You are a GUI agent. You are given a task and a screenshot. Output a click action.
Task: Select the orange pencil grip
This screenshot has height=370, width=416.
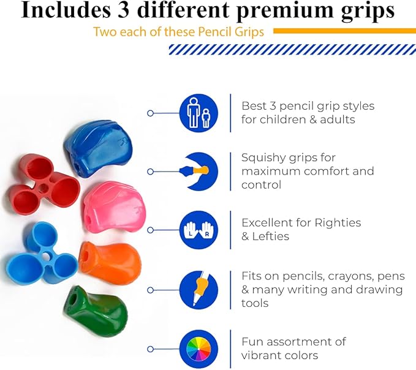(110, 260)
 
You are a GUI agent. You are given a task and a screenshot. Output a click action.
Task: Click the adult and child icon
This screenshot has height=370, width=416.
(199, 113)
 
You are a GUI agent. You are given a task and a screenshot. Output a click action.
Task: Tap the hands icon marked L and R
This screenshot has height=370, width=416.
(199, 230)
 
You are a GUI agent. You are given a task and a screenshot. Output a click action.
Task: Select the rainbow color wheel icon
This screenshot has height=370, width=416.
(199, 348)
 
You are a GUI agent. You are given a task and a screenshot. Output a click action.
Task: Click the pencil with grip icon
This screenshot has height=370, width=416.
(199, 289)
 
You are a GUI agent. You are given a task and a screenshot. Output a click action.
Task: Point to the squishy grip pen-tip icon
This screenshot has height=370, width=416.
(199, 172)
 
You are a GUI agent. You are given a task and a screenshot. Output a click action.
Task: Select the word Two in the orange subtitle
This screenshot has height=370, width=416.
(105, 32)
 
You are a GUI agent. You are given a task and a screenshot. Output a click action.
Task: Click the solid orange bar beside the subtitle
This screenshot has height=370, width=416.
(344, 31)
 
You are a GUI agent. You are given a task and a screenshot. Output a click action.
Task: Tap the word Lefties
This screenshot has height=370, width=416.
(274, 236)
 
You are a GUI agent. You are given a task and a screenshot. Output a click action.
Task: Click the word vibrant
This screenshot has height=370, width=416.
(263, 355)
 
